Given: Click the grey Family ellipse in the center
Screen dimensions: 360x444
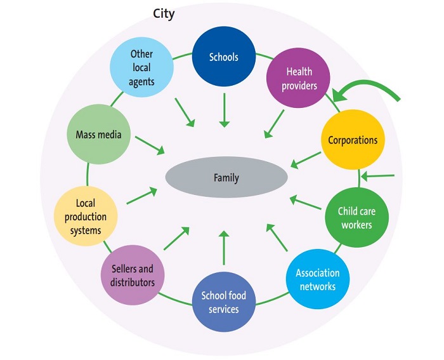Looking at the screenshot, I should (226, 177).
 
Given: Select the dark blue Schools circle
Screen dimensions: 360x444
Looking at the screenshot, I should (223, 58).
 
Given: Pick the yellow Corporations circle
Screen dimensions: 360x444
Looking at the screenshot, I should (352, 140).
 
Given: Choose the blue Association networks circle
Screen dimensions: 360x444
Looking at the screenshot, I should (317, 279).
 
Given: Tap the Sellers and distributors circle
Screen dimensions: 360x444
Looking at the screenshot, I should (133, 275).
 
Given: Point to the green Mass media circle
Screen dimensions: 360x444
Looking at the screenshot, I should (98, 135).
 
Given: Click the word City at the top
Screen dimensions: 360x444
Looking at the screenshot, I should (164, 13).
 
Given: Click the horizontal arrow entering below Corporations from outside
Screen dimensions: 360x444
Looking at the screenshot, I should (381, 176).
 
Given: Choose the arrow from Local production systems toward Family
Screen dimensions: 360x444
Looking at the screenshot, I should (142, 196).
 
